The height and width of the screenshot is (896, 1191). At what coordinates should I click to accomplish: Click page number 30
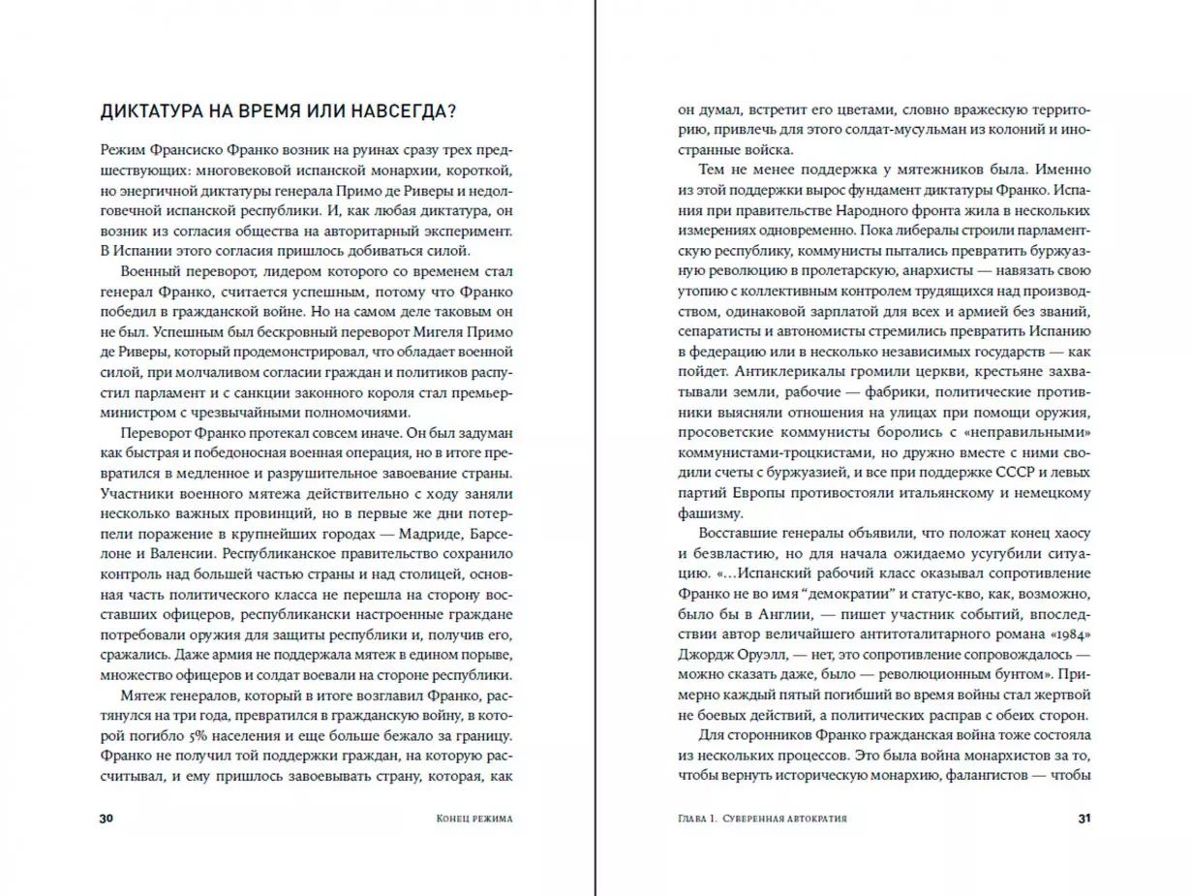point(107,819)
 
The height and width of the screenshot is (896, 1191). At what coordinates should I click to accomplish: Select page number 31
point(1084,819)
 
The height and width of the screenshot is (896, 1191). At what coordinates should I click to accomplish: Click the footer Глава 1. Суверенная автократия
point(763,819)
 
